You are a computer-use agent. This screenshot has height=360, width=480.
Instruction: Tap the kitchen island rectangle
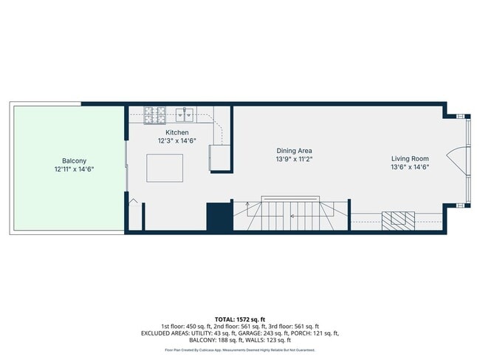pos(165,167)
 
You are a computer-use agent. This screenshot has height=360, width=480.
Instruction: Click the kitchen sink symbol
pos(185,114)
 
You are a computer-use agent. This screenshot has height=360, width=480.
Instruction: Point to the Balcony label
pos(74,160)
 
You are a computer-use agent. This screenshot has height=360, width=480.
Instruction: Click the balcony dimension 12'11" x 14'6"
pos(74,169)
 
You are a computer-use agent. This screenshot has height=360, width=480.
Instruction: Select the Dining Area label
pos(294,150)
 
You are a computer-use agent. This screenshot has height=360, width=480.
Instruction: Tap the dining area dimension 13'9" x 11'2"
pos(294,159)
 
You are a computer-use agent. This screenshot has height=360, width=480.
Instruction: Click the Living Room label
pos(410,158)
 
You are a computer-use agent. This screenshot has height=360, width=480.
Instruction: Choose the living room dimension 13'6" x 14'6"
pos(410,167)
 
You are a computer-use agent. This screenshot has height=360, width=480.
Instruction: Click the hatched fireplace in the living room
pos(398,218)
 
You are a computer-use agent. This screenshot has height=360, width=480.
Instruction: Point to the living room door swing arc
pos(460,157)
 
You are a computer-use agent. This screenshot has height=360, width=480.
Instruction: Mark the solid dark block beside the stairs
pos(219,217)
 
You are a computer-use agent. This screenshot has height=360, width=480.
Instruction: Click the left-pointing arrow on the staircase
pos(293,216)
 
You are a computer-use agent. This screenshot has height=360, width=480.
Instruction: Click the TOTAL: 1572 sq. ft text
pos(240,319)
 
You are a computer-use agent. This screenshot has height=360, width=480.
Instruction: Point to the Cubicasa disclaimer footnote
pos(240,350)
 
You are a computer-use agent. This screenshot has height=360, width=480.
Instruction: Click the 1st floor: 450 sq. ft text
pos(185,326)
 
